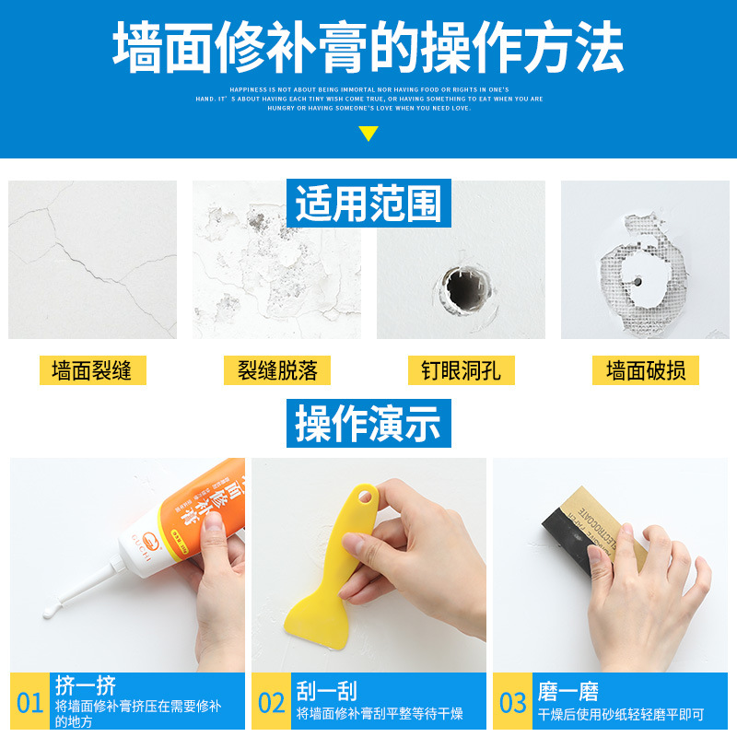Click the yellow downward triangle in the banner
point(368,134)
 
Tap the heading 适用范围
point(368,203)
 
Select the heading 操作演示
point(368,423)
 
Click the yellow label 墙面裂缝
point(92,371)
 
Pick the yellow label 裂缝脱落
point(276,371)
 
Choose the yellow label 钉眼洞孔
point(461,371)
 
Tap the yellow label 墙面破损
point(645,371)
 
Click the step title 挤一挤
point(86,687)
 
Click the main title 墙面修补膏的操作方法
point(368,46)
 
